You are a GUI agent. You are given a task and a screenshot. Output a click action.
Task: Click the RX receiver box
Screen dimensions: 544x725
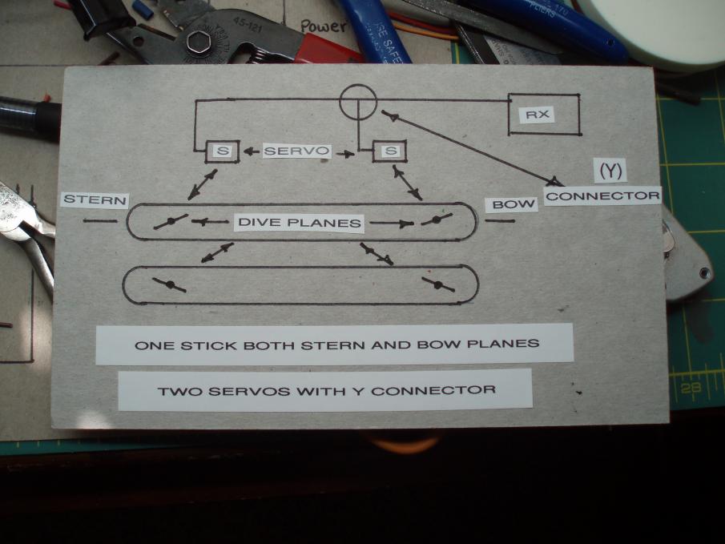(x=544, y=115)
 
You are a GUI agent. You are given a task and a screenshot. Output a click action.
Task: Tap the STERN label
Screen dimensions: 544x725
(x=95, y=199)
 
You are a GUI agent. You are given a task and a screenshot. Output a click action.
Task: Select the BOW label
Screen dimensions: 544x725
(x=512, y=205)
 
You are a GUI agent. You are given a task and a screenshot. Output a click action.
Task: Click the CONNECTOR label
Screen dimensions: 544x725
(x=602, y=195)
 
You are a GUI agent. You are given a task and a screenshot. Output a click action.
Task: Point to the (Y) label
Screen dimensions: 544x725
(x=609, y=170)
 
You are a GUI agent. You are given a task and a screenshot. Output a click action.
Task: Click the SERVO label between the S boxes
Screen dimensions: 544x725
(x=297, y=151)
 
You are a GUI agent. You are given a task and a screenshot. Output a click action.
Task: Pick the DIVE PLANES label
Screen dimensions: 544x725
(x=299, y=223)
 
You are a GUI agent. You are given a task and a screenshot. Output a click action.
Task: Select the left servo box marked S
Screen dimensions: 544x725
(x=221, y=151)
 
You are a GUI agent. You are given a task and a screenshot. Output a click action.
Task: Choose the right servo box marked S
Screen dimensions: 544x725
(x=390, y=151)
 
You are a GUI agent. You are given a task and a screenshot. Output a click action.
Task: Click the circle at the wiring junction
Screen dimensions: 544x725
(x=356, y=103)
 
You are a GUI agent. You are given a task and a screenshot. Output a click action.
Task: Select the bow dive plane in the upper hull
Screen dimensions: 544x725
(x=436, y=219)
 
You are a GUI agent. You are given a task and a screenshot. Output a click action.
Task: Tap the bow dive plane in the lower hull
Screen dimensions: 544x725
(x=439, y=284)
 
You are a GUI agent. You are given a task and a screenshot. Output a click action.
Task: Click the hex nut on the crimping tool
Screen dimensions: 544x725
(x=199, y=41)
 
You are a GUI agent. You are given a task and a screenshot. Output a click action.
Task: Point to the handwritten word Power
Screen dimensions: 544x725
(x=323, y=26)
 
